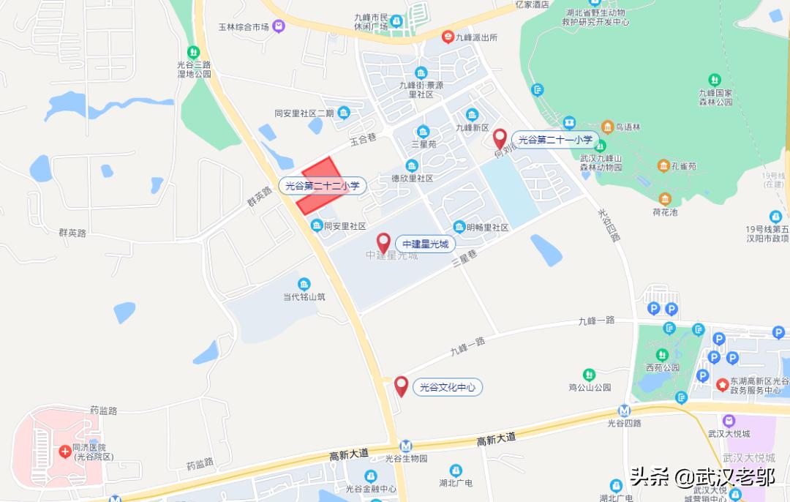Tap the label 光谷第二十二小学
(323, 187)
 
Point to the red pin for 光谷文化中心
(401, 386)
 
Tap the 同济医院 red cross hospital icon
(66, 452)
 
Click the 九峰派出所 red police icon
(447, 37)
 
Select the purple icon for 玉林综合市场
(279, 27)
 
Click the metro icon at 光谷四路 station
(624, 411)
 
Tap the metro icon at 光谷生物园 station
(406, 446)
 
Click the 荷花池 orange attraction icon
(665, 199)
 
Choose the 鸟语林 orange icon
(606, 127)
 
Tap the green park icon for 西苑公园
(652, 354)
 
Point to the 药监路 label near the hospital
(104, 411)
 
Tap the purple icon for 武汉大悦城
(729, 422)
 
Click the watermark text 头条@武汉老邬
(692, 479)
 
